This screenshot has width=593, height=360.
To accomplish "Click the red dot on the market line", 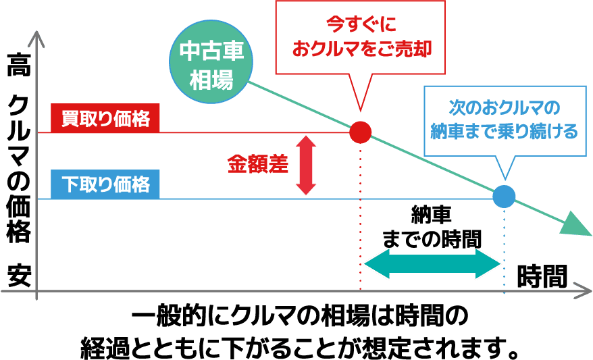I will tap(360, 132).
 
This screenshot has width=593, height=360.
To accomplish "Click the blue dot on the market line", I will tap(503, 196).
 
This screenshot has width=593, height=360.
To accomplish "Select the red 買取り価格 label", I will tap(105, 120).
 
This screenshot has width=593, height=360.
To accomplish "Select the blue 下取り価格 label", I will tap(105, 184).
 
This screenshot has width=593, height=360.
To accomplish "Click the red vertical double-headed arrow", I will tap(306, 165).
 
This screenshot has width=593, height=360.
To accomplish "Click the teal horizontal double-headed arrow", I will tap(430, 264).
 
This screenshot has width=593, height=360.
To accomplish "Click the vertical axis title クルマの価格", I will tap(18, 170).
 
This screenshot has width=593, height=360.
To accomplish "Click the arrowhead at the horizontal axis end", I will tap(582, 294).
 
